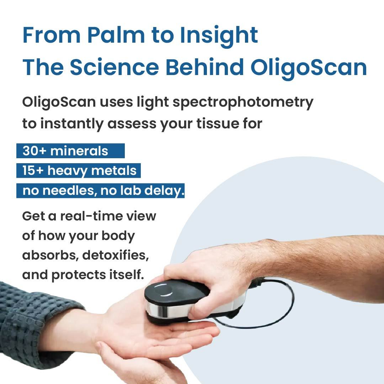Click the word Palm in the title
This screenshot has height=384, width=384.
(116, 35)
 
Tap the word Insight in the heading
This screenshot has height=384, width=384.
(219, 37)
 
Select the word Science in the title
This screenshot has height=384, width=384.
(114, 67)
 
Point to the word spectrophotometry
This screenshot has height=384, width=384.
(243, 102)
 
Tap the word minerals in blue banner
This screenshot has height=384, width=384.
(79, 151)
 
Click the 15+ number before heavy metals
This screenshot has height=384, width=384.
(33, 170)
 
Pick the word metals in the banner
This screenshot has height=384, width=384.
(114, 170)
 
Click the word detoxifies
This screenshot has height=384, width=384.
(115, 255)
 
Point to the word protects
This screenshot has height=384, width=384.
(78, 275)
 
